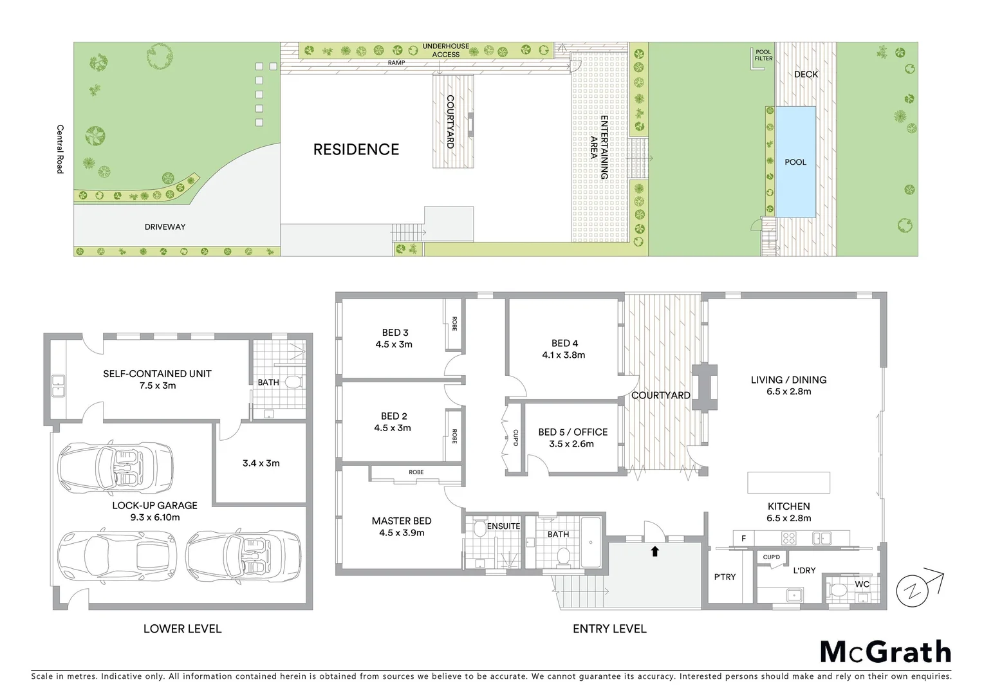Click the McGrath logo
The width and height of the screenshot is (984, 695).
point(886,652)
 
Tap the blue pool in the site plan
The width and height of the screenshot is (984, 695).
point(795,162)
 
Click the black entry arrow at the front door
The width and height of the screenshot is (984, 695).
point(654,551)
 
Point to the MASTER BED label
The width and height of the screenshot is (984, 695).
point(401,521)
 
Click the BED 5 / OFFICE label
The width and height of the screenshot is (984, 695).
point(573,432)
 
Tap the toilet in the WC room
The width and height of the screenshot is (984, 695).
point(839,589)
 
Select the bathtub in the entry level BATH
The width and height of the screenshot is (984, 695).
point(591,542)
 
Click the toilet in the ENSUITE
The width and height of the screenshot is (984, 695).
point(479,530)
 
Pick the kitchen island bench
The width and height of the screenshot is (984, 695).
point(788,482)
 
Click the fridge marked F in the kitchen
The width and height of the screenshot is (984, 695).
point(743,538)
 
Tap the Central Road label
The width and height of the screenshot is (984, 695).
point(60,149)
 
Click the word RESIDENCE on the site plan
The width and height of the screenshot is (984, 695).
point(356,149)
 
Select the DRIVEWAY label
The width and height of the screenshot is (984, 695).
point(165,227)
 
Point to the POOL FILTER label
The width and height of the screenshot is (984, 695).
point(763,55)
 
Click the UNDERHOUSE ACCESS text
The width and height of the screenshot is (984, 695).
point(445,50)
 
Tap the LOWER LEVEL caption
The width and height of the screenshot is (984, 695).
point(182,629)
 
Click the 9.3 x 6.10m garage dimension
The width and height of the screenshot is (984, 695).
point(155,517)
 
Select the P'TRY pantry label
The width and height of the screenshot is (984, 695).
point(725,577)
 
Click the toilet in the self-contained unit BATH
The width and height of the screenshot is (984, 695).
point(293,383)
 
